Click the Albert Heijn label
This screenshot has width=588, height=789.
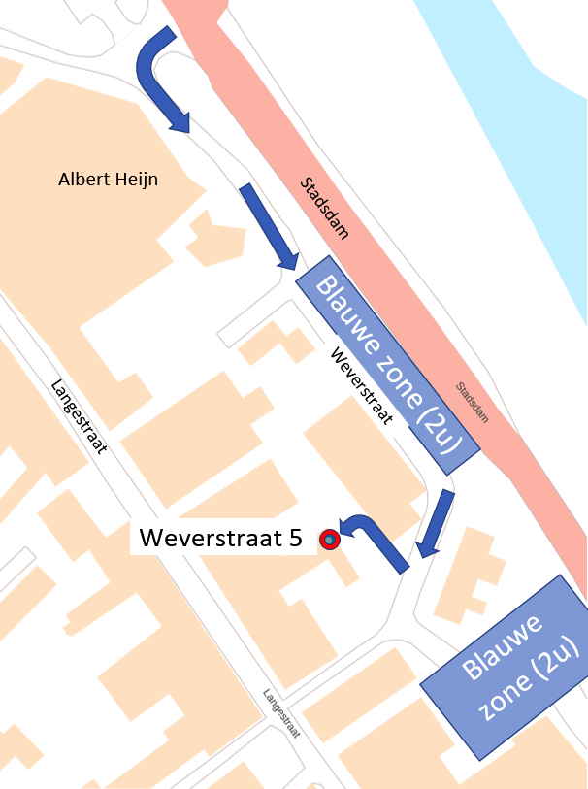(x=108, y=179)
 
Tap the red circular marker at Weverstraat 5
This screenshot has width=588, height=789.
(x=330, y=539)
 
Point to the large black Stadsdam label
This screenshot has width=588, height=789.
(x=324, y=208)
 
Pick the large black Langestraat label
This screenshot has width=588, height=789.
(x=78, y=416)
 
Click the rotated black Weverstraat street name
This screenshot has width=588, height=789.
(x=361, y=385)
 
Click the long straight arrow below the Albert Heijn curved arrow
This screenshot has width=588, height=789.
(x=269, y=226)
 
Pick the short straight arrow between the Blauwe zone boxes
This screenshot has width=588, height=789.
(x=433, y=524)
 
